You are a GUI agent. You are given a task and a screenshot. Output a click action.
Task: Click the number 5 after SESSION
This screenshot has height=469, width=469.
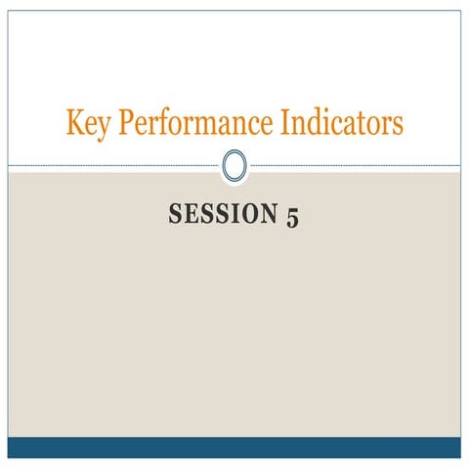(x=292, y=216)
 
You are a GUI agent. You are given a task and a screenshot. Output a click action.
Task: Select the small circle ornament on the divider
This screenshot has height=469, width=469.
(x=234, y=164)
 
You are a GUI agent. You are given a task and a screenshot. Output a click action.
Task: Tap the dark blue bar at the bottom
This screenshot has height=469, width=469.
(x=234, y=448)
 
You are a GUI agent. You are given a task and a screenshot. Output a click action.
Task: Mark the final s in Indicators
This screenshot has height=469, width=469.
(x=398, y=126)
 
